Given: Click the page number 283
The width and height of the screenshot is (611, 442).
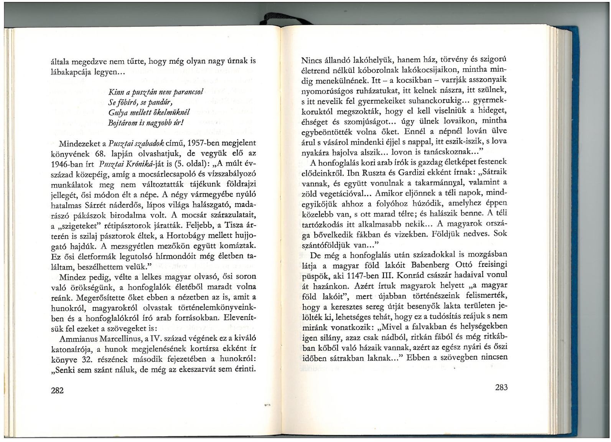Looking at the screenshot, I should [501, 388].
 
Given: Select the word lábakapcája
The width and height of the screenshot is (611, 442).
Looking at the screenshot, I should [72, 72].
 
